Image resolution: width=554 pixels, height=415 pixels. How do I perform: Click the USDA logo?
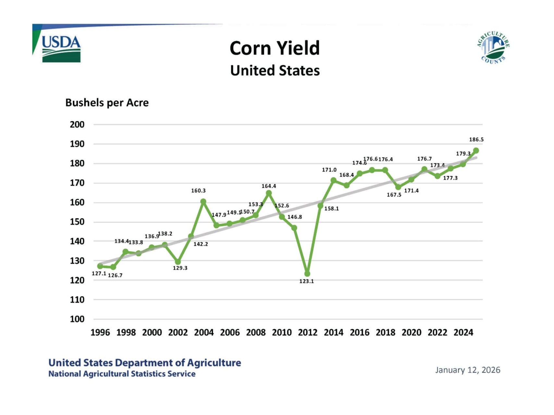61,49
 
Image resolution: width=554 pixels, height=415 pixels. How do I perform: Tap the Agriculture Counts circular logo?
493,48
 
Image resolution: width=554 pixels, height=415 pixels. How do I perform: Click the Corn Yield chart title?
275,48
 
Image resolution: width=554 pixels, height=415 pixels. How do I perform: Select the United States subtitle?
275,71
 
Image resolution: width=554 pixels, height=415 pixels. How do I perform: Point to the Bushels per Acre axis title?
107,103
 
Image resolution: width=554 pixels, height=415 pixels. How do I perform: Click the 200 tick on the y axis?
77,124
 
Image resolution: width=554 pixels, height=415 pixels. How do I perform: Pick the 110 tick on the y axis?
77,300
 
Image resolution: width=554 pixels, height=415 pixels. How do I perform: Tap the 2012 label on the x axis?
308,333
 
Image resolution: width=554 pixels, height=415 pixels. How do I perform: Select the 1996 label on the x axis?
100,333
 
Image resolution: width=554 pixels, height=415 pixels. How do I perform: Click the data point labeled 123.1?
307,274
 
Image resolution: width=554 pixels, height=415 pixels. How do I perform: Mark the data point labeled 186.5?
476,151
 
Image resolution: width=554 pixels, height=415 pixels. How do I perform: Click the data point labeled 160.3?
203,202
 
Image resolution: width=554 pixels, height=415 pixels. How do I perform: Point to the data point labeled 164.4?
269,193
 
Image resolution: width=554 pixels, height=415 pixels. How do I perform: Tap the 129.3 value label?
180,268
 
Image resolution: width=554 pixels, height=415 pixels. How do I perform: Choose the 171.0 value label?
329,170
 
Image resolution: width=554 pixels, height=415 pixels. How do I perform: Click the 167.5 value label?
394,195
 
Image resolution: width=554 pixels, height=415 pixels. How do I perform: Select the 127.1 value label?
99,274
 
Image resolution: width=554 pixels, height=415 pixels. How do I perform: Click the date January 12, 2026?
468,370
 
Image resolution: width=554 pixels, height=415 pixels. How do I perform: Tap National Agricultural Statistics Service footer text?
122,374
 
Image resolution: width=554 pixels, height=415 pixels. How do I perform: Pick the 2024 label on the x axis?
463,333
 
